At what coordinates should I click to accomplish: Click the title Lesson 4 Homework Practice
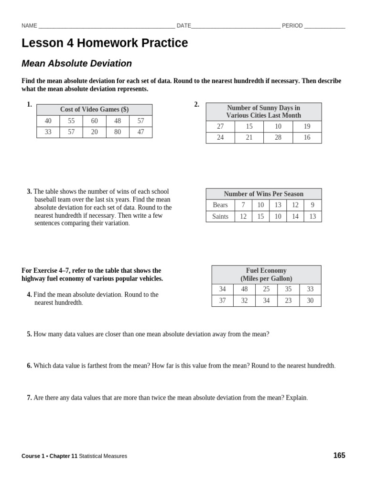pos(105,44)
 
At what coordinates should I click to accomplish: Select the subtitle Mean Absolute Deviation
pos(76,64)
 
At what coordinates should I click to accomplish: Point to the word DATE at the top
pos(184,26)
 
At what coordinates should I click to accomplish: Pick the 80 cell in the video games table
pos(118,132)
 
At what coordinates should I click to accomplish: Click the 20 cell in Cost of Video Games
pos(95,132)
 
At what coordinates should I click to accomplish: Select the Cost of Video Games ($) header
pos(94,110)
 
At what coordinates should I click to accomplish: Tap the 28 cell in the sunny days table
pos(278,138)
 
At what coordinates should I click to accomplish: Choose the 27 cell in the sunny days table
pos(220,126)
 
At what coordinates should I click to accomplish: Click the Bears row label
pos(220,205)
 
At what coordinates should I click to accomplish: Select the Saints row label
pos(220,217)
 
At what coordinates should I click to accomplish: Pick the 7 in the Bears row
pos(243,205)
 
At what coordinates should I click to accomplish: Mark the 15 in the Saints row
pos(260,217)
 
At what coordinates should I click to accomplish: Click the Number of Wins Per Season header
pos(264,194)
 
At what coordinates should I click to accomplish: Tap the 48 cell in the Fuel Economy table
pos(245,290)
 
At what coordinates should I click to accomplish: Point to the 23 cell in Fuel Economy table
pos(288,301)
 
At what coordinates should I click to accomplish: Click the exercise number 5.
pos(29,334)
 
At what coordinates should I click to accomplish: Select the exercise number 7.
pos(29,398)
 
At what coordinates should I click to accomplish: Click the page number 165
pos(339,456)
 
